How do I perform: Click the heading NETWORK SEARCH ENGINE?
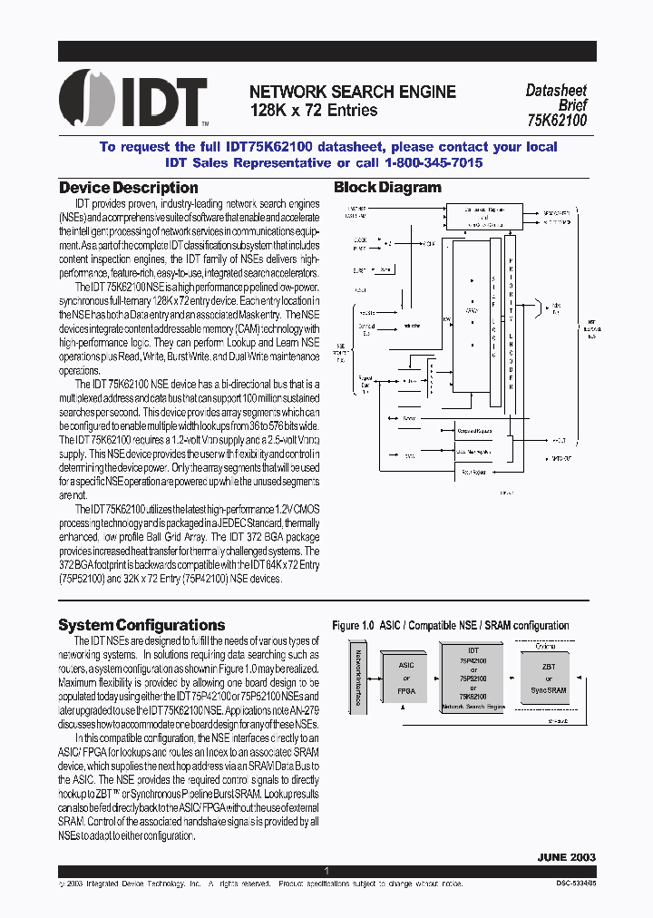pyautogui.click(x=352, y=92)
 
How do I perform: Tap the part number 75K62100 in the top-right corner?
pyautogui.click(x=557, y=120)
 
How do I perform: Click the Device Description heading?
pyautogui.click(x=128, y=188)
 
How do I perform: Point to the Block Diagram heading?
pyautogui.click(x=387, y=188)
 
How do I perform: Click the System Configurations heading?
pyautogui.click(x=141, y=625)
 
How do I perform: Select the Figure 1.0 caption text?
pyautogui.click(x=451, y=626)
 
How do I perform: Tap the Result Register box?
pyautogui.click(x=472, y=472)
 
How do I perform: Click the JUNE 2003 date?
pyautogui.click(x=566, y=856)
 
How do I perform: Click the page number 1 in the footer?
pyautogui.click(x=326, y=871)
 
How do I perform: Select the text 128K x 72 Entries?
pyautogui.click(x=314, y=110)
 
